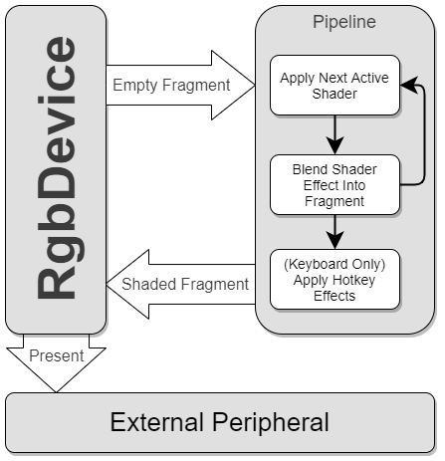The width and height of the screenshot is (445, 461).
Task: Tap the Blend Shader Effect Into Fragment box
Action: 334,184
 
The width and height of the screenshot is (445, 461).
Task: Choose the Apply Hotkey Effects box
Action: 334,279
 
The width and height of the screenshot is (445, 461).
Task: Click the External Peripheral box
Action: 220,421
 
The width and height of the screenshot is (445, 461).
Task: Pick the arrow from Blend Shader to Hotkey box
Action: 335,231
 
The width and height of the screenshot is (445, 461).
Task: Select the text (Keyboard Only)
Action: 334,265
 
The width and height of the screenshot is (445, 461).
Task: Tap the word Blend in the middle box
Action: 309,169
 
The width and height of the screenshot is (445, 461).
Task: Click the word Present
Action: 56,354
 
